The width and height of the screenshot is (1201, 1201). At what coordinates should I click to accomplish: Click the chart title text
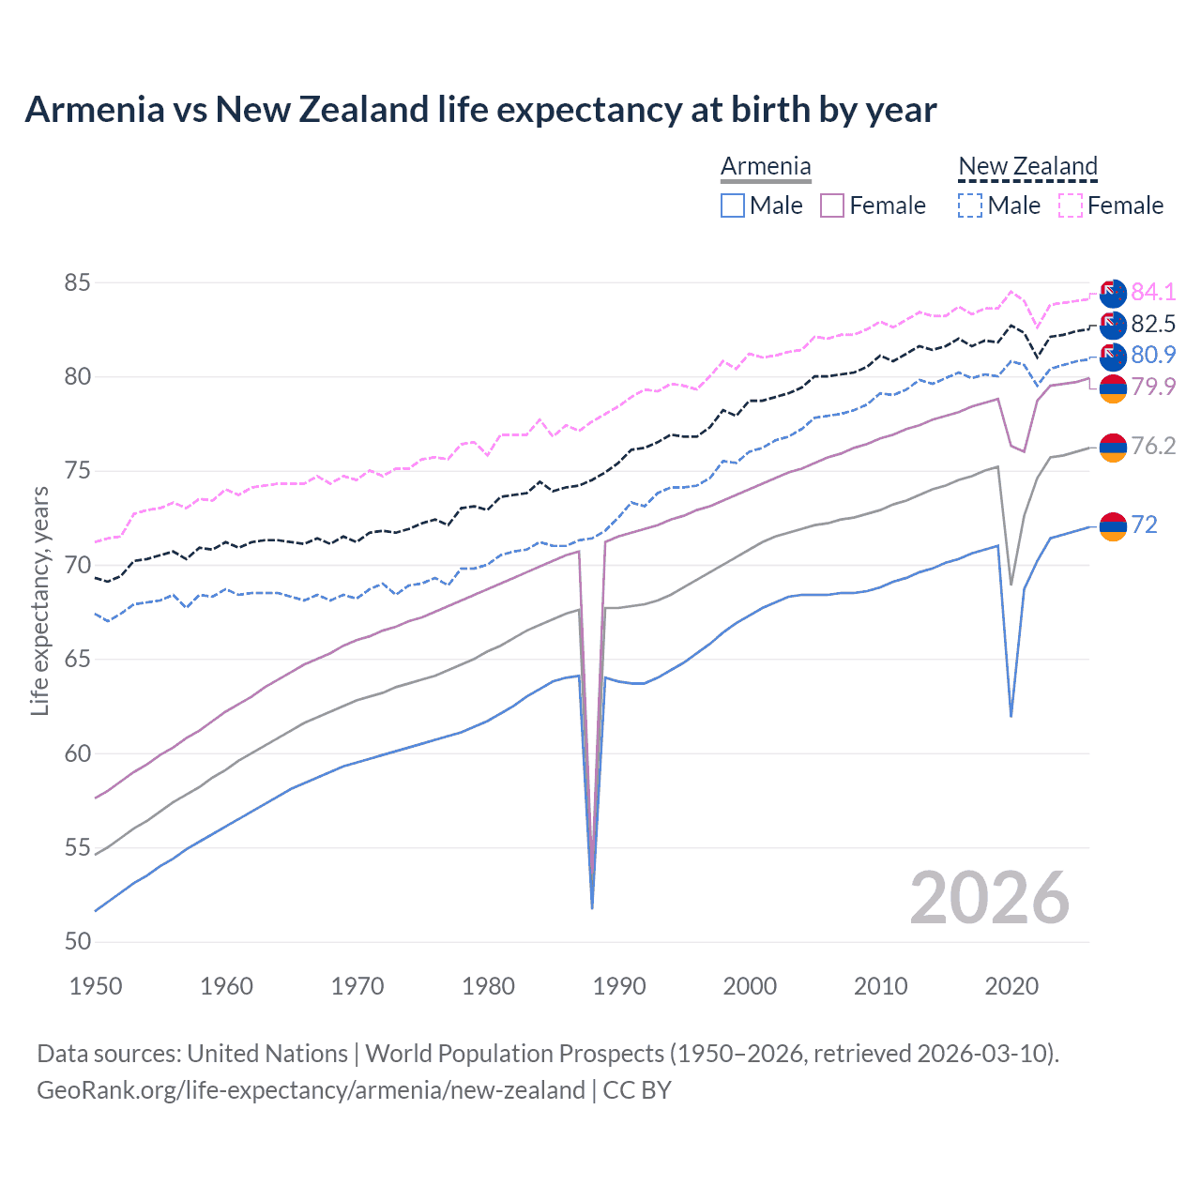(480, 110)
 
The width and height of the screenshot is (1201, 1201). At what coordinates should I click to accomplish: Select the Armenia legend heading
(766, 166)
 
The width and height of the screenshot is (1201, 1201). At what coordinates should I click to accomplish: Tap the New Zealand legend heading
(1027, 166)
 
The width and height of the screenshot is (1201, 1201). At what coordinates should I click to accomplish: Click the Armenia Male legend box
(733, 205)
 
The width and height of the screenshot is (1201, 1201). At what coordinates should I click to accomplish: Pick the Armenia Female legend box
(832, 205)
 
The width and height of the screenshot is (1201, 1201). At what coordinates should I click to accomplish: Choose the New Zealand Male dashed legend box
(970, 205)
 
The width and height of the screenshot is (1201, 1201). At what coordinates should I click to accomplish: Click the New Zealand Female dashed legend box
(1071, 205)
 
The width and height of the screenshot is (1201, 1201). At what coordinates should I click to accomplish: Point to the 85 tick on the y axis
(78, 282)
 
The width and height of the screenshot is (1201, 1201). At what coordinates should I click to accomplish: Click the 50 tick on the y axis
(78, 942)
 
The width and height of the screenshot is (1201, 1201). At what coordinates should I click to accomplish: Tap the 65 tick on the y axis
(78, 660)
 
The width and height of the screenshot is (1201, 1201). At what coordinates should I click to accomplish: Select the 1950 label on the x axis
(97, 986)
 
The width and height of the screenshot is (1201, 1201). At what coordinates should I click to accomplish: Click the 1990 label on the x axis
(619, 986)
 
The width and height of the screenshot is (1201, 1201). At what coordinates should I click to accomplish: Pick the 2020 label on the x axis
(1011, 986)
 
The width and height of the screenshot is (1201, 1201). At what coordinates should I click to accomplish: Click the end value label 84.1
(1153, 292)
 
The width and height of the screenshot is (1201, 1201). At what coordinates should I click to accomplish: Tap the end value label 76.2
(1153, 446)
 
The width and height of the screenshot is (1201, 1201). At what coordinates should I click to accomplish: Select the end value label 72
(1144, 524)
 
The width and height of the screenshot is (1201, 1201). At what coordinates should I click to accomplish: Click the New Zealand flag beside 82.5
(1113, 325)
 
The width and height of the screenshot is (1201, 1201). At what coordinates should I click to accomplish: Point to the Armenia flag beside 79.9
(1113, 388)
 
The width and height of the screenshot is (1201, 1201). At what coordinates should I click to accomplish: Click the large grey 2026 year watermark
(990, 898)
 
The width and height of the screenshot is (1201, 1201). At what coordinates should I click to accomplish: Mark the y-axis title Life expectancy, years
(40, 600)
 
